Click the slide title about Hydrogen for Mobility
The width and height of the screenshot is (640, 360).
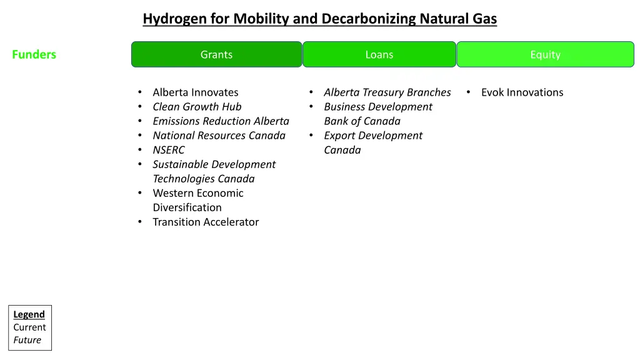[319, 19]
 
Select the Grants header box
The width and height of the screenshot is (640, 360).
[216, 54]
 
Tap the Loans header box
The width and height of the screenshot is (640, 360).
[379, 54]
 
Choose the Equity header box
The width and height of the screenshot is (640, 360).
[545, 54]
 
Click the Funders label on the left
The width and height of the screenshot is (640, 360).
[34, 54]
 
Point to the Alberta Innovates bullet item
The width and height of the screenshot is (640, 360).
[196, 92]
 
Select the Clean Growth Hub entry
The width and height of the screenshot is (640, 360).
[197, 107]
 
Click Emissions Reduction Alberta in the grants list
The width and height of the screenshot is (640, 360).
[221, 121]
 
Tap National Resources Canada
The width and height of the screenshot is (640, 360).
[219, 136]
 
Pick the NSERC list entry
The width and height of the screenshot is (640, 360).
[169, 150]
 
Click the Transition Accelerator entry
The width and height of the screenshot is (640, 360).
[206, 222]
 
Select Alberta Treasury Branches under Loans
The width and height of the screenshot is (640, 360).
[387, 92]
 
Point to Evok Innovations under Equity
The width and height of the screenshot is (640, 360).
[522, 92]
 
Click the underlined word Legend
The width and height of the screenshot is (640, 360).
[29, 314]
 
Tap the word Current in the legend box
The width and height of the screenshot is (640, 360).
[29, 327]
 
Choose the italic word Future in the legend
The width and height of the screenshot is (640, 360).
[27, 340]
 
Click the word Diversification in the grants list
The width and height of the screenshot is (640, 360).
[187, 207]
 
